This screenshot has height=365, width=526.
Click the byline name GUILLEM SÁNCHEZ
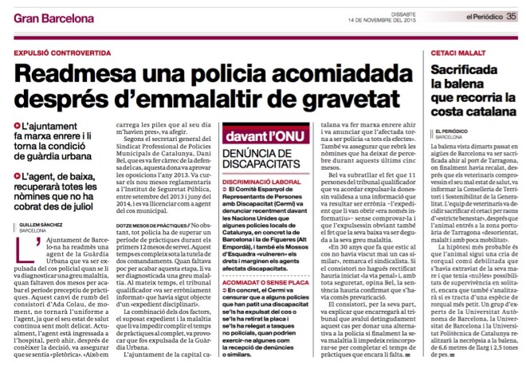pos(36,203)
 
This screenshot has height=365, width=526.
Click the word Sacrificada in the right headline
pos(465,69)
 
